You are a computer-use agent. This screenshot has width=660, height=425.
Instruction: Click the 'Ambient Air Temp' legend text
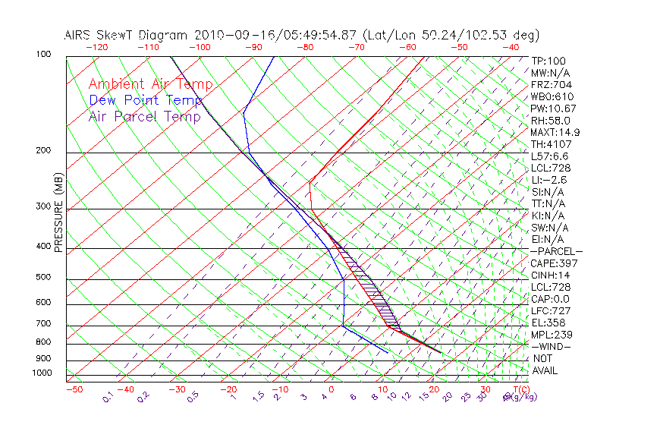coord(150,84)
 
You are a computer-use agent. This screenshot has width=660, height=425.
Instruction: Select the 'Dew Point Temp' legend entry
coord(146,100)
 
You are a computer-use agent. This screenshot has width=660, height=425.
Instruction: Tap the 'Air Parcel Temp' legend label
coord(144,116)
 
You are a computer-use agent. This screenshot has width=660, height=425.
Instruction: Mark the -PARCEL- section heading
coord(556,251)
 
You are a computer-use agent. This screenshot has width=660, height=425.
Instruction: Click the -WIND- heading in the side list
coord(551,347)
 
